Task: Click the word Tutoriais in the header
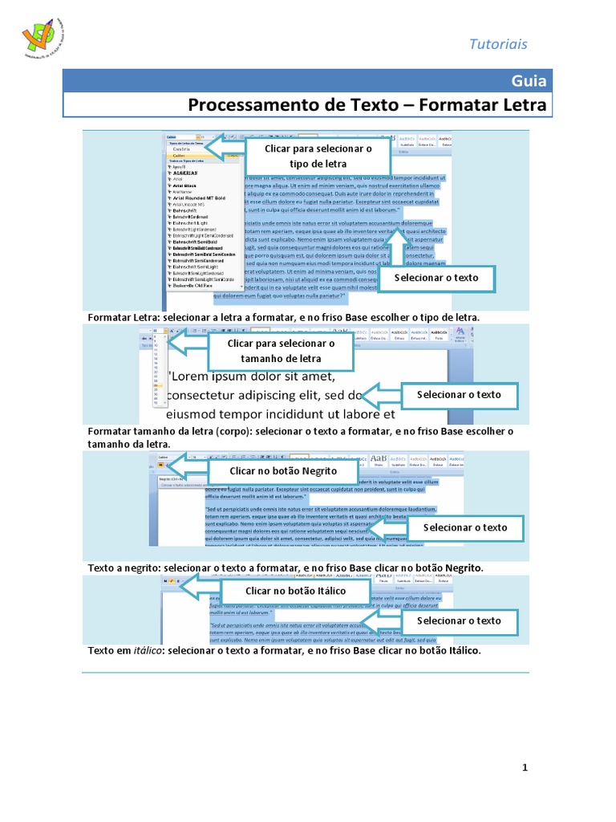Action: [498, 44]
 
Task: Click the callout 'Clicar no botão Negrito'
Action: [283, 470]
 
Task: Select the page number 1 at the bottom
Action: [525, 768]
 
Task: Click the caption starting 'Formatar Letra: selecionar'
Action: [283, 318]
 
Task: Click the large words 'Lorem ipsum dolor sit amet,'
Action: [250, 376]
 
